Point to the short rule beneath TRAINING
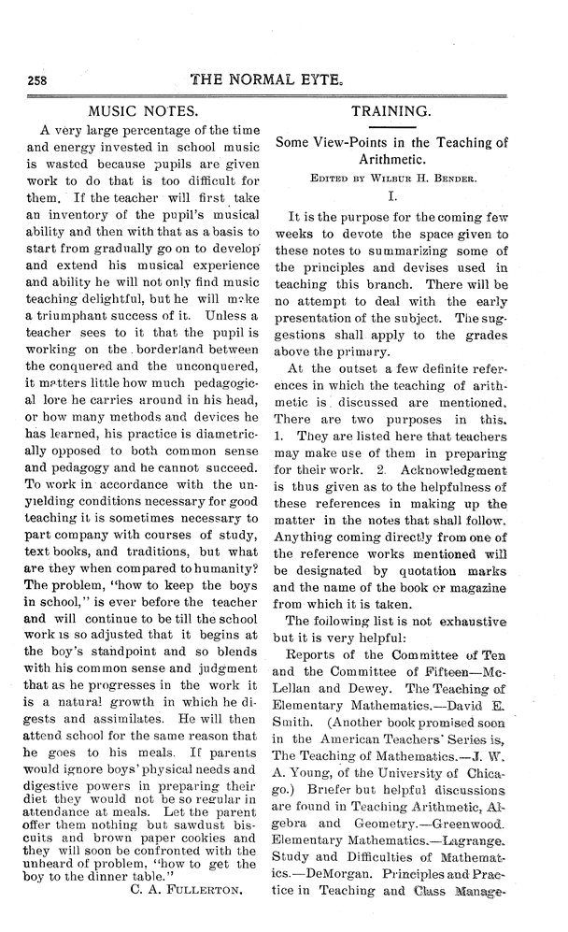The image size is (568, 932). tap(403, 127)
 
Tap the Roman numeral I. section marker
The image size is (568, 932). tap(404, 195)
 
